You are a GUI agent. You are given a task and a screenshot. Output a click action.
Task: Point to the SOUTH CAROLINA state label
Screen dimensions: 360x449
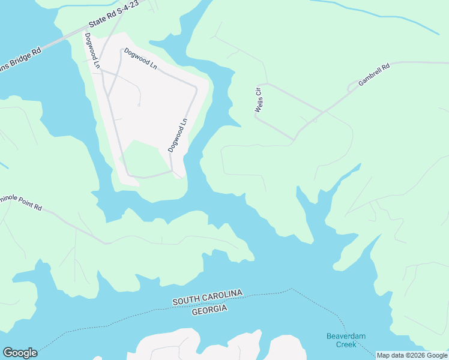pyautogui.click(x=208, y=297)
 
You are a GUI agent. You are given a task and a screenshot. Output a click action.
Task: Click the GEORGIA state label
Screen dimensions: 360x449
pyautogui.click(x=209, y=308)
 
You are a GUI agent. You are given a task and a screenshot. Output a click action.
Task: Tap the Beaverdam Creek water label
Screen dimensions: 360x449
pyautogui.click(x=346, y=340)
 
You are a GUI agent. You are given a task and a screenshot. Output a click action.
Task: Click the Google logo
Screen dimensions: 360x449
pyautogui.click(x=20, y=353)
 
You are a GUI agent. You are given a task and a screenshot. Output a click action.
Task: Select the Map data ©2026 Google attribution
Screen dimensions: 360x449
pyautogui.click(x=412, y=355)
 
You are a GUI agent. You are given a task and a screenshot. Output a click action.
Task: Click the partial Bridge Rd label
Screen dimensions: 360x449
pyautogui.click(x=20, y=59)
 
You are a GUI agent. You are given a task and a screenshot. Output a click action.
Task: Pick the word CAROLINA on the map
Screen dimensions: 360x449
pyautogui.click(x=222, y=295)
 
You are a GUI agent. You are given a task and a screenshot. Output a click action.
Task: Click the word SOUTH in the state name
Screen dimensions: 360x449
pyautogui.click(x=185, y=300)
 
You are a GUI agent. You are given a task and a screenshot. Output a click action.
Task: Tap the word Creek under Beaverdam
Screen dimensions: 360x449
pyautogui.click(x=346, y=345)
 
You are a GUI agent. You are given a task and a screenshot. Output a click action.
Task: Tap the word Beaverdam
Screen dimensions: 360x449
pyautogui.click(x=346, y=336)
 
